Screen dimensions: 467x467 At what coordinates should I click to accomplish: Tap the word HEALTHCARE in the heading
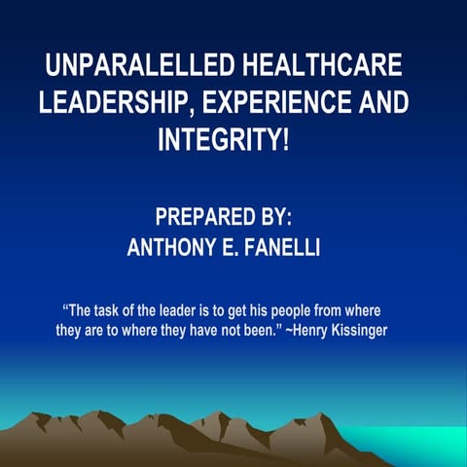(x=335, y=69)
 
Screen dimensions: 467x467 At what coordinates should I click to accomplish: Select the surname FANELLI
(x=278, y=248)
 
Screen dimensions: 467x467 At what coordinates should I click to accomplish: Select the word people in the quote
(x=288, y=312)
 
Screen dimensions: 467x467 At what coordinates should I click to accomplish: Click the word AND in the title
(x=381, y=103)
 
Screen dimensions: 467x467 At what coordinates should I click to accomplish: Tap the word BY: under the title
(x=272, y=217)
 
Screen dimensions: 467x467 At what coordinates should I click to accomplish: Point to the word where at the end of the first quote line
(x=360, y=312)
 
